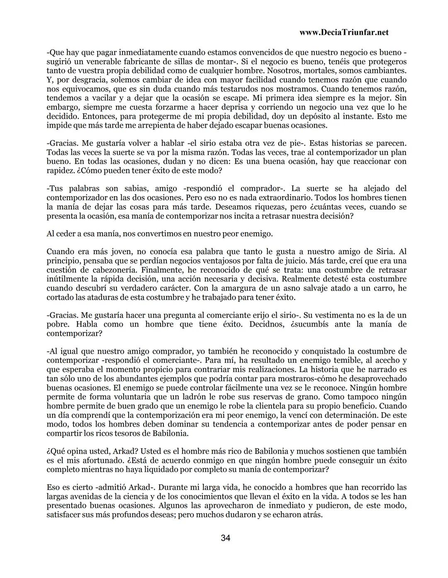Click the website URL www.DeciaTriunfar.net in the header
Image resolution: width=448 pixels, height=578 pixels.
click(343, 32)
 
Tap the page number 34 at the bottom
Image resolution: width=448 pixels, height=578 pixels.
click(226, 538)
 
